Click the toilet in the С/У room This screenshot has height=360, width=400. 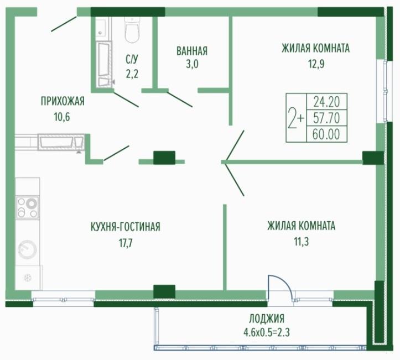pos(132,29)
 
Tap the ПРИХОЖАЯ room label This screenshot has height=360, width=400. pos(63,101)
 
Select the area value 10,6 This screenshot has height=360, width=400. pos(62,117)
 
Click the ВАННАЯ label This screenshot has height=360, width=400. pos(192,51)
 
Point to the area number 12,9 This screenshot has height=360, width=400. pos(316,64)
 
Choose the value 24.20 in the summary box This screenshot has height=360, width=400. pos(326,102)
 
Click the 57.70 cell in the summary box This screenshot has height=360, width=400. pos(326,118)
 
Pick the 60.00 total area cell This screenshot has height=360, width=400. pos(326,134)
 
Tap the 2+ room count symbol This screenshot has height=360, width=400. pos(296,118)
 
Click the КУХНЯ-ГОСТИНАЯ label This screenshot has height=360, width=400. pos(126,227)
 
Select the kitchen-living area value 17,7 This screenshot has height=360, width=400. pos(126,243)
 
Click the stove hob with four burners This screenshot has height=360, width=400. pos(27,207)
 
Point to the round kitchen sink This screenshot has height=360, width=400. pos(27,250)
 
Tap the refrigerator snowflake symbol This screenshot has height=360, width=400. pos(27,278)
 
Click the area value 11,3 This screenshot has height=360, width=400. pos(302,242)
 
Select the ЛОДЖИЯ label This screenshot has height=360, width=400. pos(267,319)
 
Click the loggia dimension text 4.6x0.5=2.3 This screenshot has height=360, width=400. pos(267,332)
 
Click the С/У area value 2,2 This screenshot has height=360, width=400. pos(132,74)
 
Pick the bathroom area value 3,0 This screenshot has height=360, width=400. pos(192,64)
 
